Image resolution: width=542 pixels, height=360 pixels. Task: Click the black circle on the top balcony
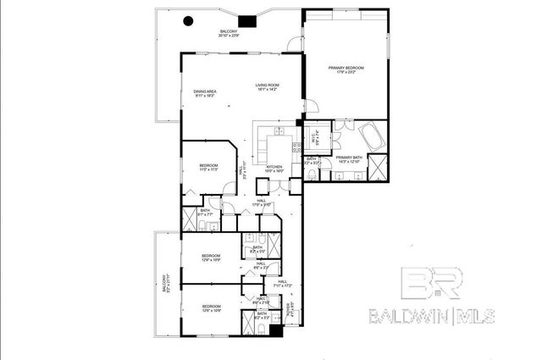point(189,21)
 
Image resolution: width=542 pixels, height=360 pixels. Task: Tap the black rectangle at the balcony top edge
point(247,22)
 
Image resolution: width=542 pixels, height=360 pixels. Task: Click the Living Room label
point(268,87)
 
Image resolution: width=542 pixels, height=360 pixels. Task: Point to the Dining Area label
point(204,93)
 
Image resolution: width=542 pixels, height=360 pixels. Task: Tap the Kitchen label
point(274,169)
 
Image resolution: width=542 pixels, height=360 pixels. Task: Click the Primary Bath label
point(349,159)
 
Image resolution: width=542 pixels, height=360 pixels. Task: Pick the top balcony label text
point(229,34)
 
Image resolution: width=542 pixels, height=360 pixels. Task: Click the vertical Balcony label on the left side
point(165,285)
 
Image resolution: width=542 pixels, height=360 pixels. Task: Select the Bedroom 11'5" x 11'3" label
point(209,167)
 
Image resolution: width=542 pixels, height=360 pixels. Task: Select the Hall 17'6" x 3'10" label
point(261,202)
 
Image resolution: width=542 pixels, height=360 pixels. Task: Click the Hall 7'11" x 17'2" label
point(281,283)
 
